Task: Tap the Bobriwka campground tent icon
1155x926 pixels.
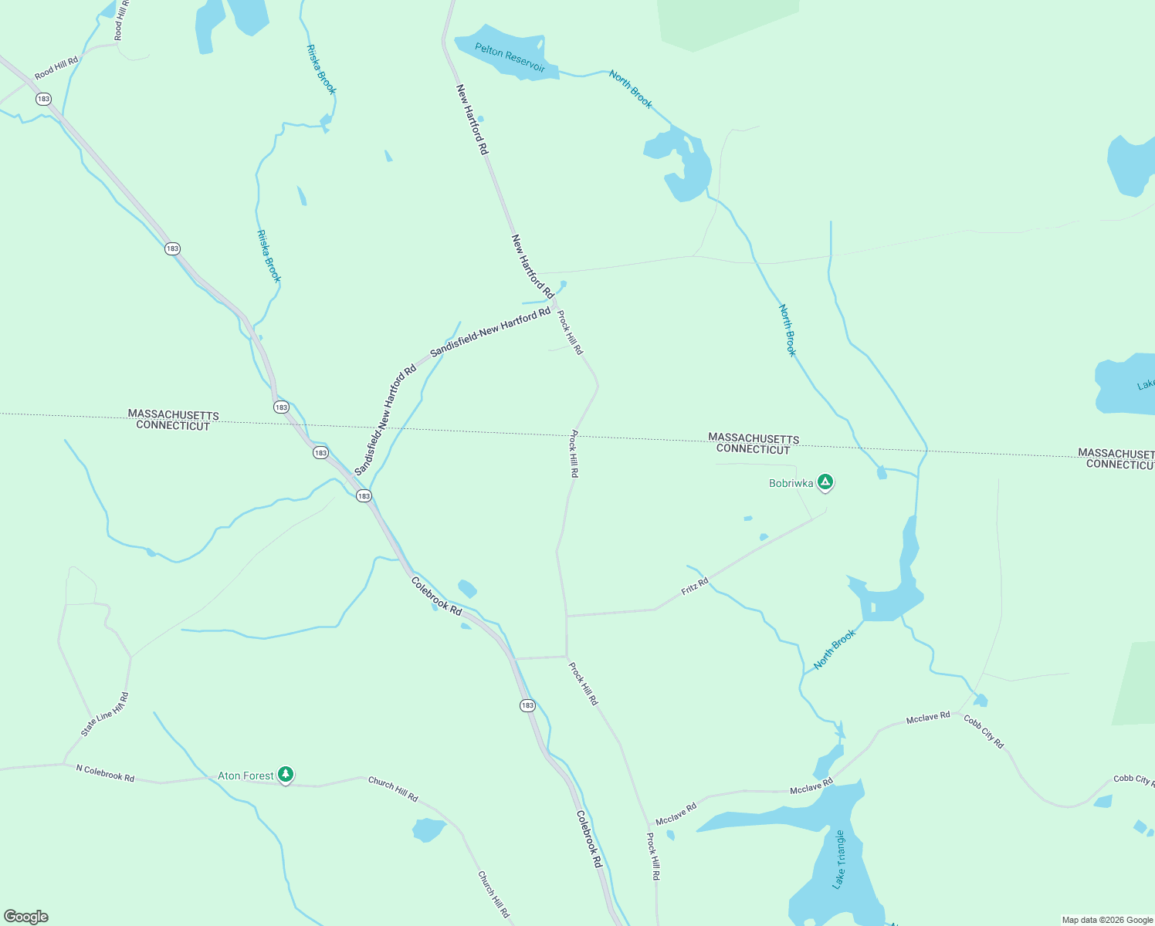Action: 825,483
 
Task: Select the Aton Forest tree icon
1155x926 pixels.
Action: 286,774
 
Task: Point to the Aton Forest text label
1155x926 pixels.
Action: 245,776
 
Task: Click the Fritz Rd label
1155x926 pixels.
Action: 694,586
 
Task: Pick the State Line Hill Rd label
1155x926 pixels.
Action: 105,715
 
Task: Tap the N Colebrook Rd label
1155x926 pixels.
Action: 105,772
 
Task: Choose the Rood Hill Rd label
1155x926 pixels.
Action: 56,68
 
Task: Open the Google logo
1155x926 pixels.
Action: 26,917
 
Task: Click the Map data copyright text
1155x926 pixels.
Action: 1106,920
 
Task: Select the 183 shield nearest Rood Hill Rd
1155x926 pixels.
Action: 43,99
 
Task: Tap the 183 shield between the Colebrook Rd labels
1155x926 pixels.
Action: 527,705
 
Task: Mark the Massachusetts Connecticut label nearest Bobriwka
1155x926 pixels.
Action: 753,444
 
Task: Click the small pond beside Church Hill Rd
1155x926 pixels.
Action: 428,830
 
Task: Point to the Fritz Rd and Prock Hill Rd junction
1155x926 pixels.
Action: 567,616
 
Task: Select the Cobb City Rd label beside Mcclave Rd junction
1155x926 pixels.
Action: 984,731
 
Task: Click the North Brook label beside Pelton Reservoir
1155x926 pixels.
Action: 630,89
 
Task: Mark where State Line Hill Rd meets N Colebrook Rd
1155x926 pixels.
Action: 65,763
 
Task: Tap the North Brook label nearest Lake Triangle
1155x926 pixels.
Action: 835,649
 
